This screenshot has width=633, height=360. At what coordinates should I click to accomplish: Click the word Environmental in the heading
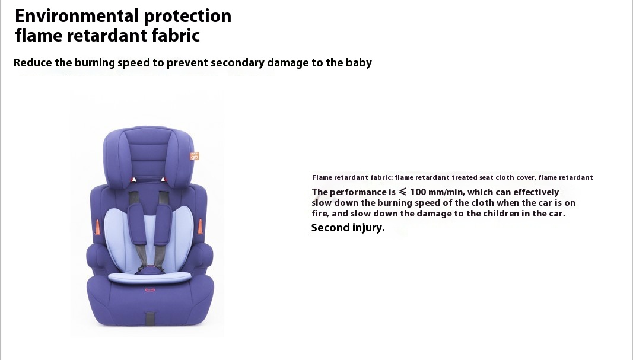(77, 16)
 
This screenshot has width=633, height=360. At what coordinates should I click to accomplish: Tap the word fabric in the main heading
(176, 35)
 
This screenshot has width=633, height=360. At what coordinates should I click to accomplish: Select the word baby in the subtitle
(358, 63)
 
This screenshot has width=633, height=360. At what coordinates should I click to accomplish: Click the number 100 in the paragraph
(418, 192)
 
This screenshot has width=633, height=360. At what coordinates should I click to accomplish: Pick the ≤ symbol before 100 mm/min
(402, 192)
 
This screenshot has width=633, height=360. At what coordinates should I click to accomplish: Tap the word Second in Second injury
(330, 228)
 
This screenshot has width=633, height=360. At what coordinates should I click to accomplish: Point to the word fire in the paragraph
(319, 214)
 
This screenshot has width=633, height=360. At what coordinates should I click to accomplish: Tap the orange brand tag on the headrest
(195, 156)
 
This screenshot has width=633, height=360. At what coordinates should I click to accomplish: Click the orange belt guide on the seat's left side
(97, 227)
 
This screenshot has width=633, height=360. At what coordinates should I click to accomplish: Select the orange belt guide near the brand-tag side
(200, 227)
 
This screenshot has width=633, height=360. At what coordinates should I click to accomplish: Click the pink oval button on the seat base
(150, 289)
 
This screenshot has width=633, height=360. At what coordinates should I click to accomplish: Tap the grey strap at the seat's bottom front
(150, 318)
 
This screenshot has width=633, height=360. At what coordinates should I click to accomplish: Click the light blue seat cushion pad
(149, 277)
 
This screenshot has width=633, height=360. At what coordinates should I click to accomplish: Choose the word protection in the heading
(187, 16)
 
